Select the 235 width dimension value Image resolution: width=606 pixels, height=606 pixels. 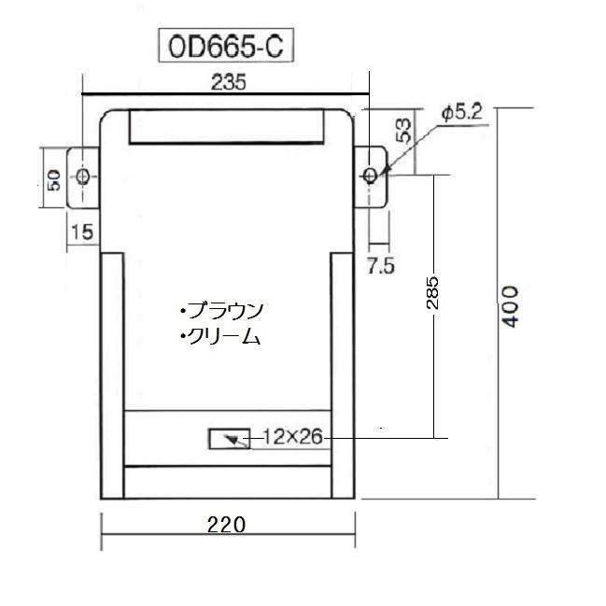click(x=227, y=82)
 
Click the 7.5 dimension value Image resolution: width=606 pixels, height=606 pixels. click(x=380, y=266)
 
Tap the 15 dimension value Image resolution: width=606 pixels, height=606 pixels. click(x=82, y=233)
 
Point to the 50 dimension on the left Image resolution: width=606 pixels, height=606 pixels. click(x=53, y=176)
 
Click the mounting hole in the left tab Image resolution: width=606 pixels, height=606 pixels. click(x=84, y=176)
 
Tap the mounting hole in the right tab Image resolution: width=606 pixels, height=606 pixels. click(x=371, y=175)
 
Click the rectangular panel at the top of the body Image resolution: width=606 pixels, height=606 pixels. click(x=227, y=126)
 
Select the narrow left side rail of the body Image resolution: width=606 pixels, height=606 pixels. click(x=111, y=373)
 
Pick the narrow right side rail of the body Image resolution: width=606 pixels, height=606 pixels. click(x=343, y=373)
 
